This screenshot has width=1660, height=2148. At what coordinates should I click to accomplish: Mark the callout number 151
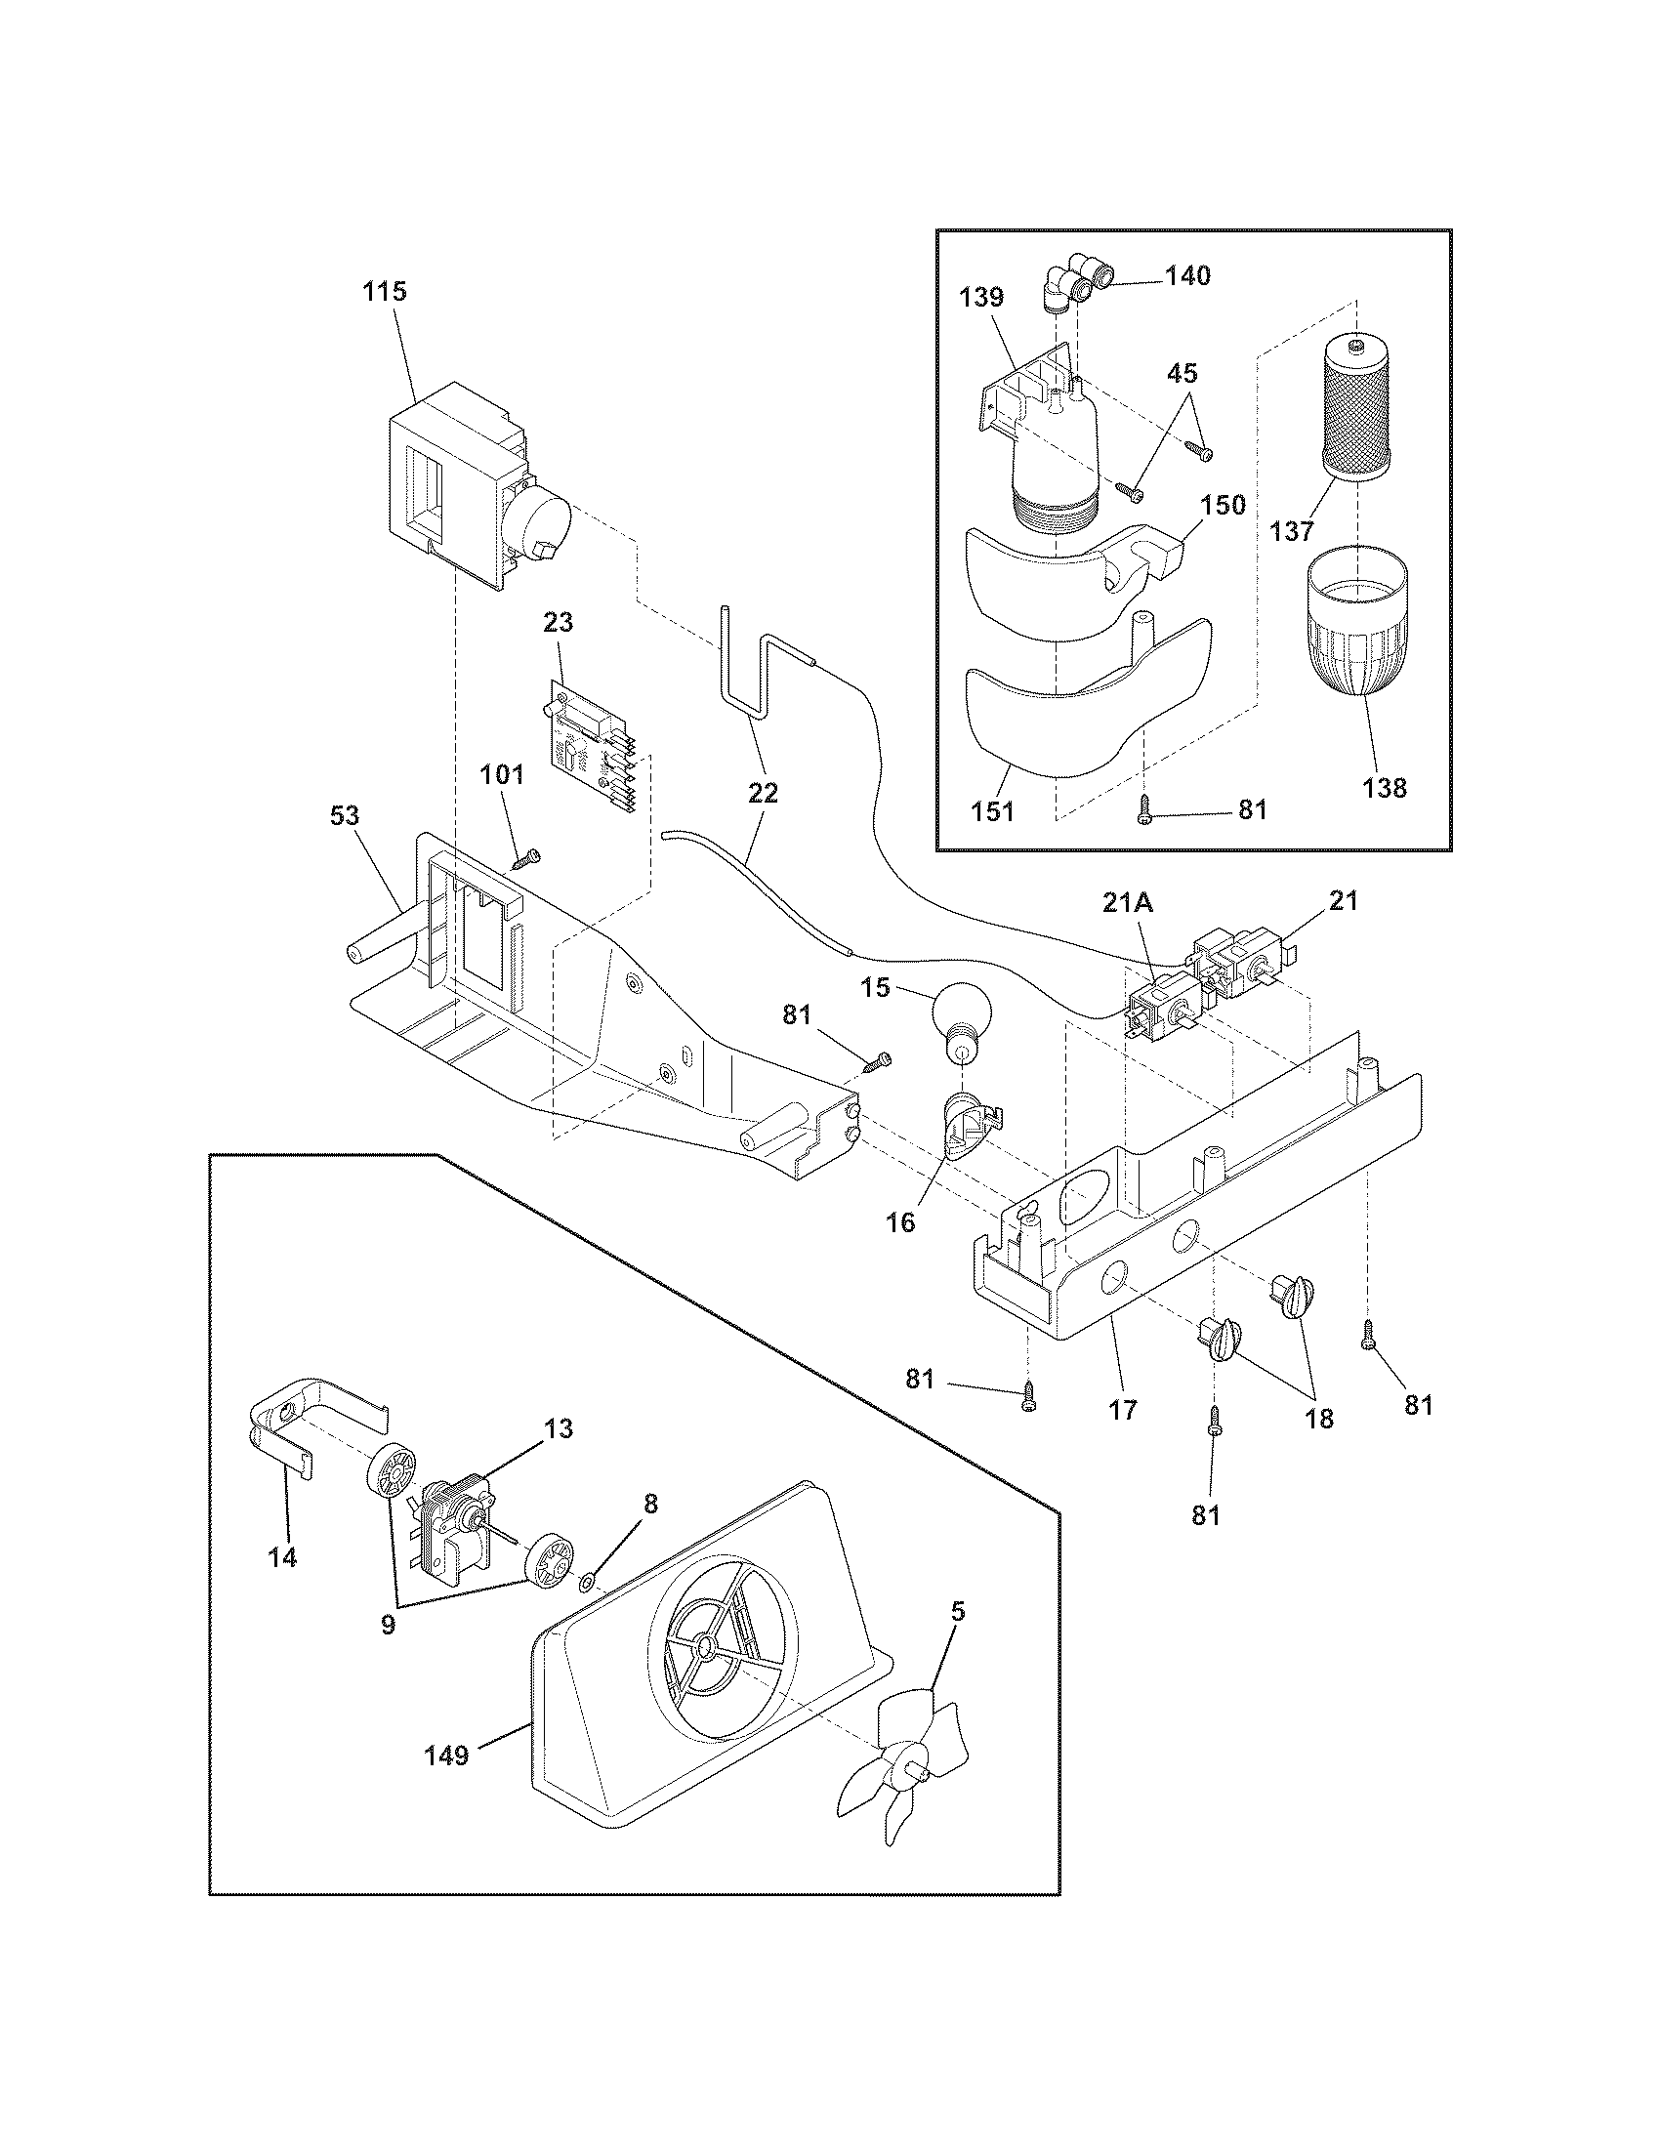click(993, 811)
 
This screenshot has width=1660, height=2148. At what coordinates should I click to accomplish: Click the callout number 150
click(1223, 506)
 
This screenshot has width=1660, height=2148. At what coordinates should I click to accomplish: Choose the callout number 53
click(345, 815)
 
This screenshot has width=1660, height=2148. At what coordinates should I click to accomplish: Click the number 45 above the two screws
click(1183, 373)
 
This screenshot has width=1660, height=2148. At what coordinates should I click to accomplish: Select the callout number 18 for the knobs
click(1319, 1419)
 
